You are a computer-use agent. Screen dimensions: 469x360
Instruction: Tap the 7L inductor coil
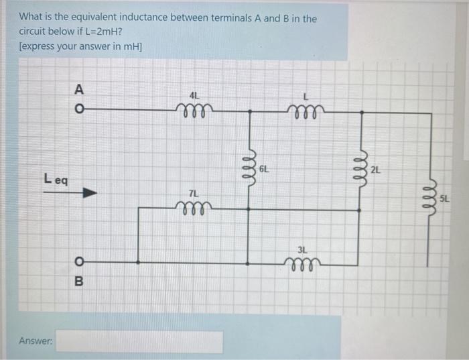[194, 206]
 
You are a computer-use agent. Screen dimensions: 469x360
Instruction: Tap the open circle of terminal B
[78, 261]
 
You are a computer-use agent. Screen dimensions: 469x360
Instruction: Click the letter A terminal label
[78, 88]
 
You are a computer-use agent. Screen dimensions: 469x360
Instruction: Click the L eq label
[56, 178]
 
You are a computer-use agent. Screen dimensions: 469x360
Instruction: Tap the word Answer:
[36, 342]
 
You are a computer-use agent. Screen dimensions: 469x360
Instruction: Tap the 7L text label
[194, 194]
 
